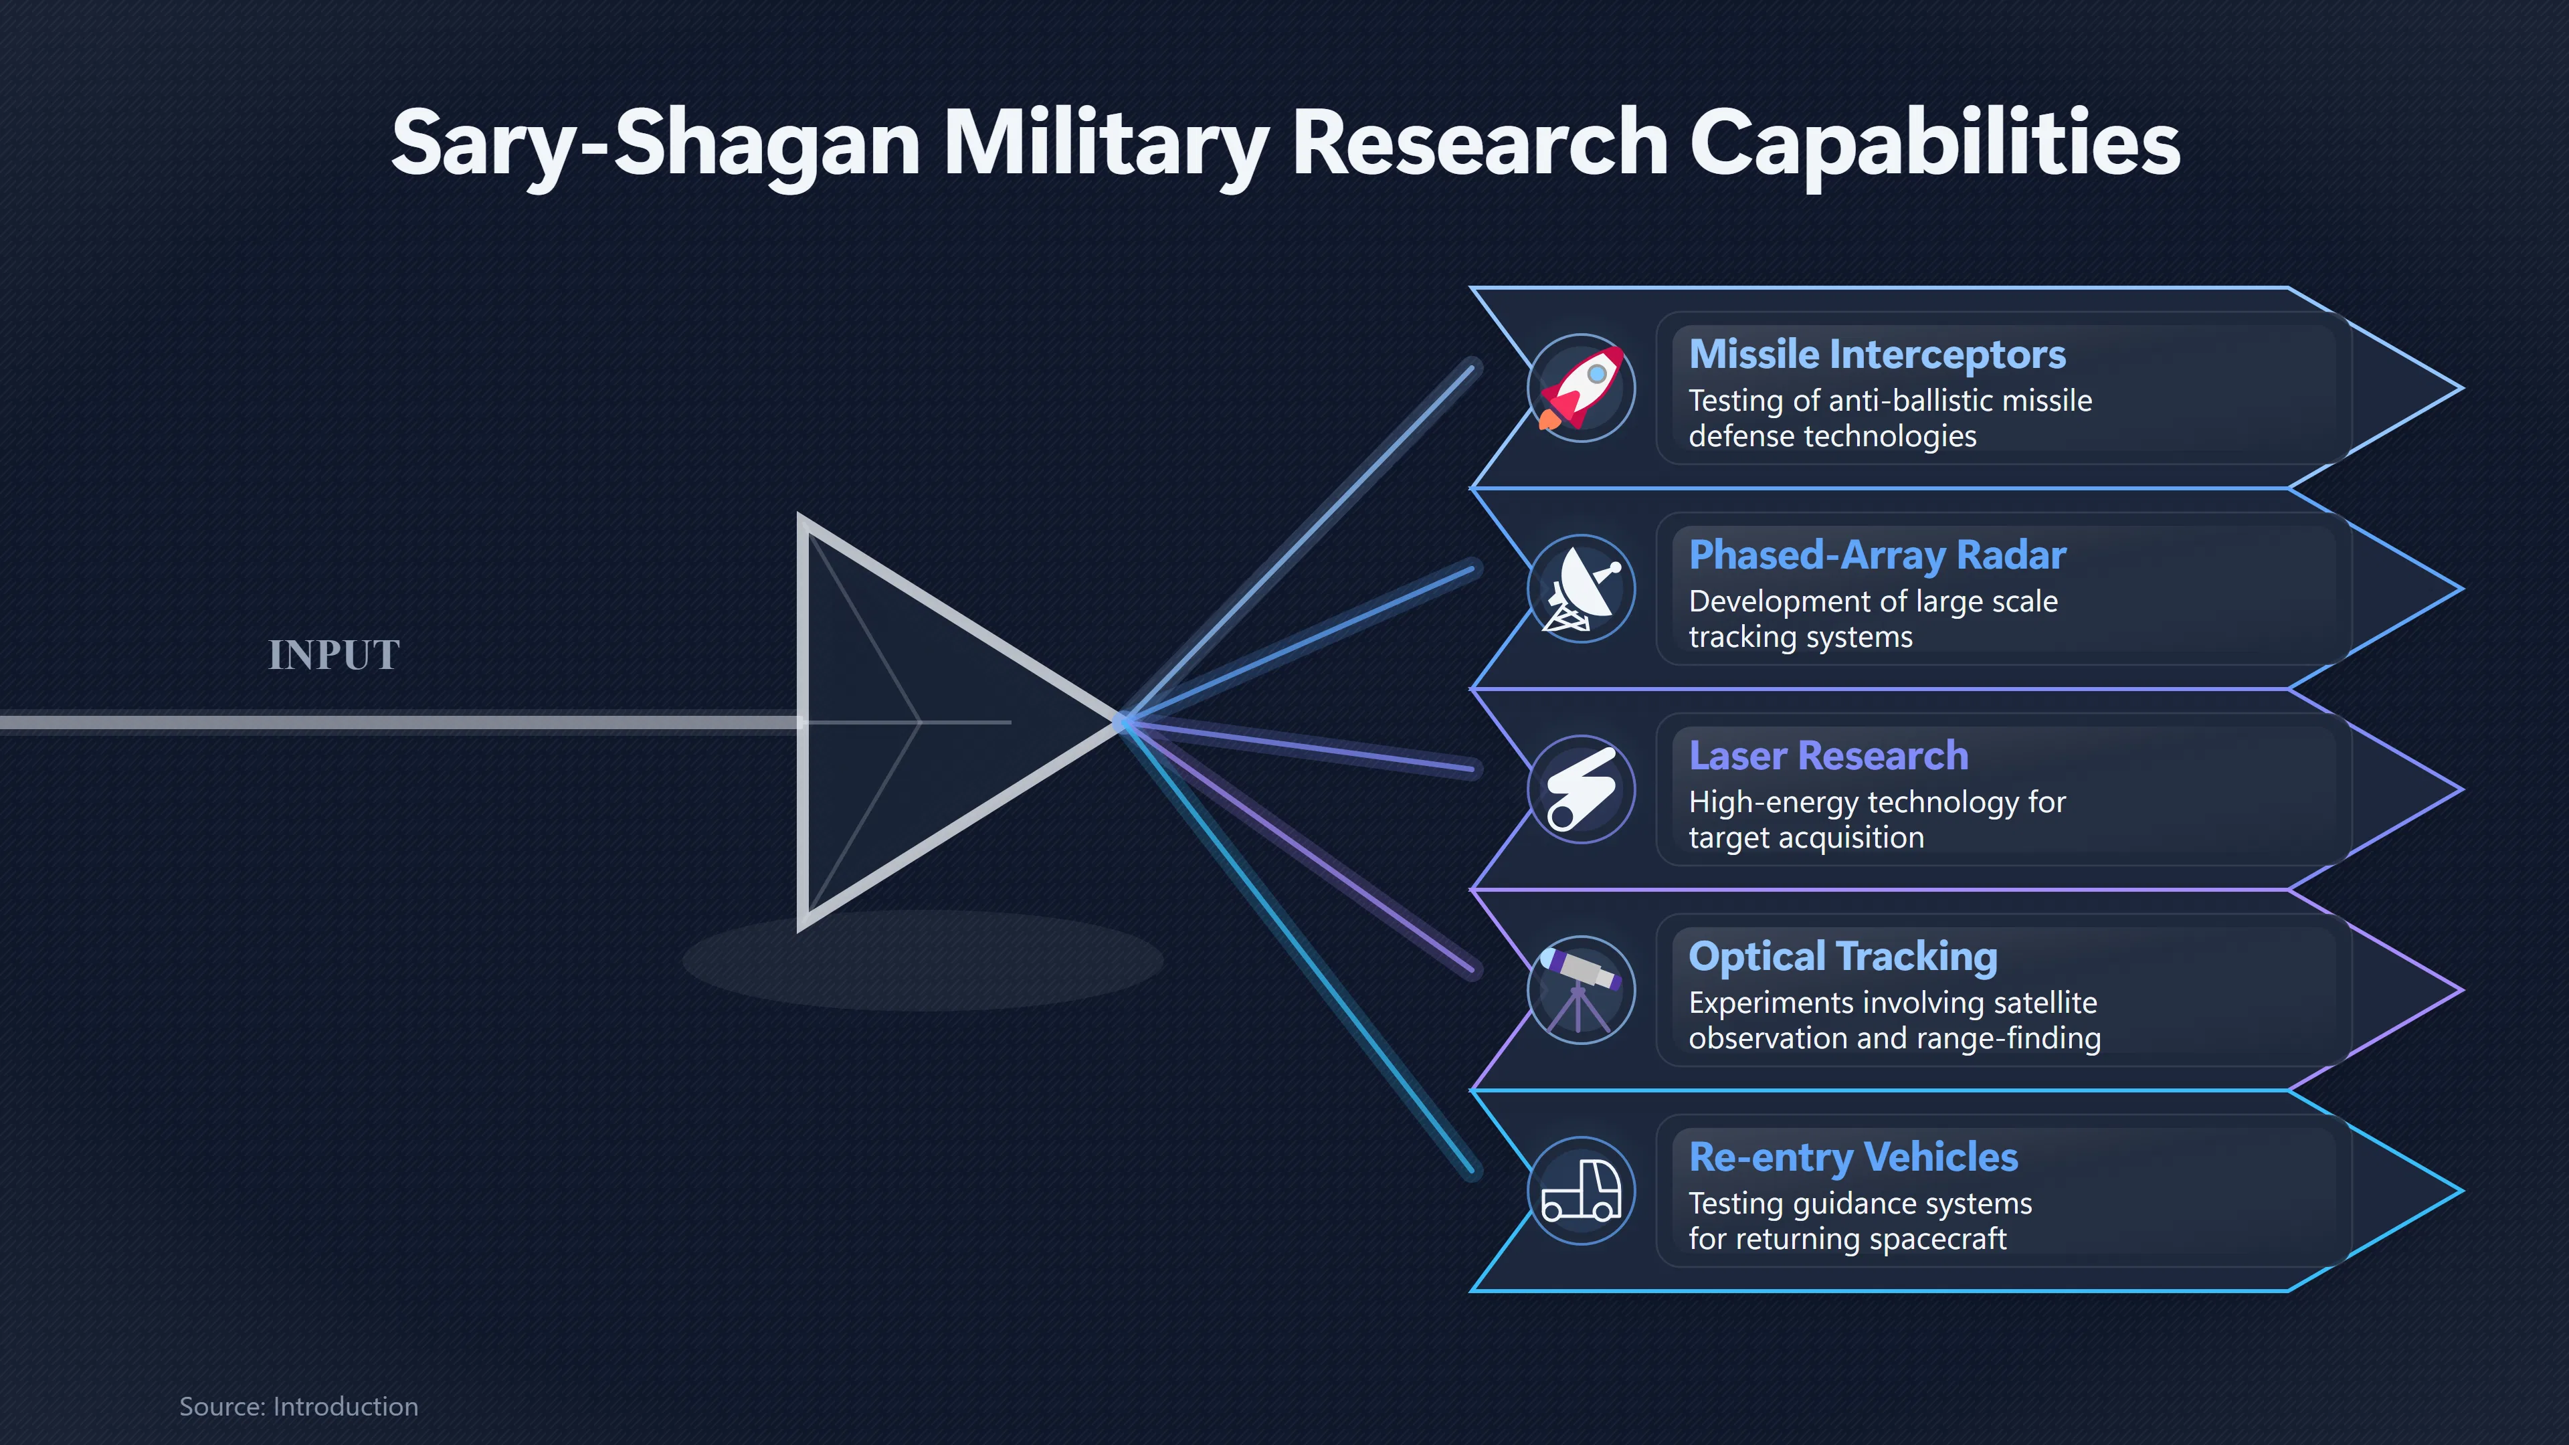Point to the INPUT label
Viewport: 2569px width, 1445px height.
point(334,655)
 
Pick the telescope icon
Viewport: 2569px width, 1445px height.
point(1581,990)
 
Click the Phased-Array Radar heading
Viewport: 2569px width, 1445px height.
point(1877,555)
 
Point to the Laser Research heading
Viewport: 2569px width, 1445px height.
point(1828,756)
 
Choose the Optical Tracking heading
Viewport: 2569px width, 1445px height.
point(1843,957)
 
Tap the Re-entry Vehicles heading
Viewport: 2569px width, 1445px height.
point(1853,1158)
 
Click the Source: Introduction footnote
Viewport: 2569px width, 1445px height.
point(298,1406)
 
